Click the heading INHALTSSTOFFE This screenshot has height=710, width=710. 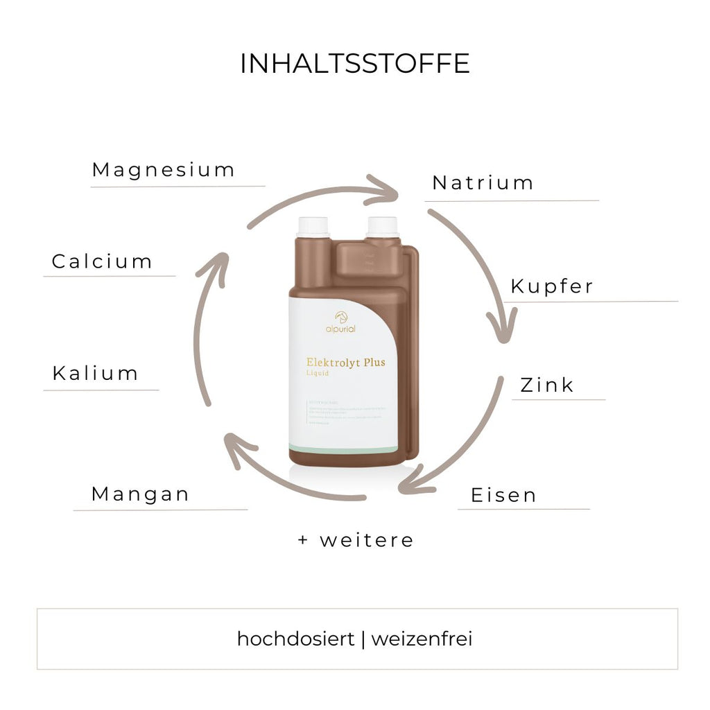[354, 64]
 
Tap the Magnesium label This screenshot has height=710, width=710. [164, 170]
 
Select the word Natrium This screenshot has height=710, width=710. [483, 183]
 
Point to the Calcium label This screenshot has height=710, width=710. [102, 262]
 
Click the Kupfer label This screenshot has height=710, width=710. [552, 286]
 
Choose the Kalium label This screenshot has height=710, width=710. [96, 374]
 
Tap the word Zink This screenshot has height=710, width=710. [547, 386]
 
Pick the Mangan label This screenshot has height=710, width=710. [140, 494]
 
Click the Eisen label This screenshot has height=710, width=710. [503, 496]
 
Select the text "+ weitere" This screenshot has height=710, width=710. [356, 540]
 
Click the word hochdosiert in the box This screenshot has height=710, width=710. [295, 639]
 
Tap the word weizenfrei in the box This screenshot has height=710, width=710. [422, 639]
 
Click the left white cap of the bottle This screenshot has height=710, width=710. [313, 227]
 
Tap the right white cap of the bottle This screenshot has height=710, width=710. [383, 227]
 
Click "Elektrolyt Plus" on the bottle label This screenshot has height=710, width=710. [345, 362]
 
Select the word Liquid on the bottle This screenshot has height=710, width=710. [318, 373]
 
